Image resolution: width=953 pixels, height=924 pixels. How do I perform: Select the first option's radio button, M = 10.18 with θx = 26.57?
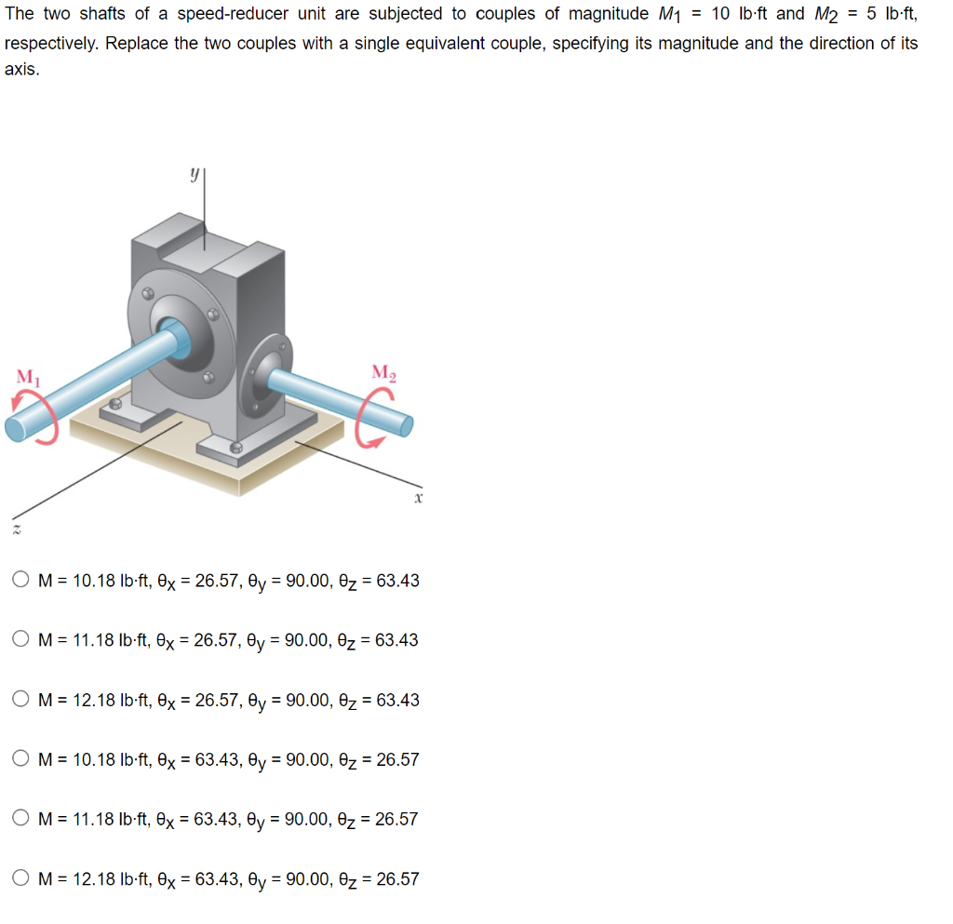(x=21, y=581)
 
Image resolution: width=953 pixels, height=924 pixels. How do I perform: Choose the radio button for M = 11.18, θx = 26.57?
(x=21, y=640)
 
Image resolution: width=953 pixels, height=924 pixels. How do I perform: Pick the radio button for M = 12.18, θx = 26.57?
(x=21, y=700)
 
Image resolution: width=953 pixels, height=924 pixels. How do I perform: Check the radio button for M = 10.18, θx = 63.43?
(x=21, y=759)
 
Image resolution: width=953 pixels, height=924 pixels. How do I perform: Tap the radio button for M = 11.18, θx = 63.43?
(x=21, y=819)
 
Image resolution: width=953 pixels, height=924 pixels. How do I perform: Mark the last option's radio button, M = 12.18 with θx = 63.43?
(x=21, y=878)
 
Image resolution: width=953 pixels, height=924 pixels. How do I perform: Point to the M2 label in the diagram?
(x=383, y=372)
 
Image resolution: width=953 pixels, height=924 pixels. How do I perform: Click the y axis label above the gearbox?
(x=194, y=173)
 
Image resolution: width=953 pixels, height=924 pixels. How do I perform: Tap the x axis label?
(x=419, y=499)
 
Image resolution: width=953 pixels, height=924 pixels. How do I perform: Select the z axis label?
(x=16, y=529)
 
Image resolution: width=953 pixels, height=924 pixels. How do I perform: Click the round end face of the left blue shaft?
(x=16, y=428)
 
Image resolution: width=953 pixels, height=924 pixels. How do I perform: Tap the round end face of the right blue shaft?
(x=406, y=425)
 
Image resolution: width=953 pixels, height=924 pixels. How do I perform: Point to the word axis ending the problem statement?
(x=20, y=71)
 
